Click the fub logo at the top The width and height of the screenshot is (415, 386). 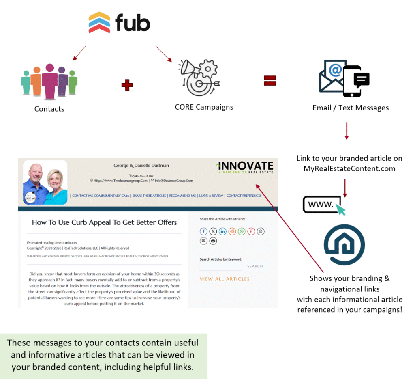(119, 23)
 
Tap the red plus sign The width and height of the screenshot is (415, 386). (127, 85)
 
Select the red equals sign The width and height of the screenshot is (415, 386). (270, 80)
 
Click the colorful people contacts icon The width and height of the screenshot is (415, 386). (49, 80)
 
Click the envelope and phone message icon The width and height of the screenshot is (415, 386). (344, 79)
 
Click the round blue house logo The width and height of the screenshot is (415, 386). (344, 245)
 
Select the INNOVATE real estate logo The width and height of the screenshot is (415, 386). (246, 167)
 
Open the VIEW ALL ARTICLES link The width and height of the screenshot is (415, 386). (225, 279)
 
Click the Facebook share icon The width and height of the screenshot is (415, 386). (203, 231)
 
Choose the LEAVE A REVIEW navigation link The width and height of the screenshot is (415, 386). (211, 196)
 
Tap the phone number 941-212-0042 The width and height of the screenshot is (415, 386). (141, 176)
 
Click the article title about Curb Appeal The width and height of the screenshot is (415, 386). (104, 222)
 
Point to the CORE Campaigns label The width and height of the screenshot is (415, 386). (204, 107)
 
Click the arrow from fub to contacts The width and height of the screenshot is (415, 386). (79, 53)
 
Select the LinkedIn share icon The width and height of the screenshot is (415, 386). (222, 231)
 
